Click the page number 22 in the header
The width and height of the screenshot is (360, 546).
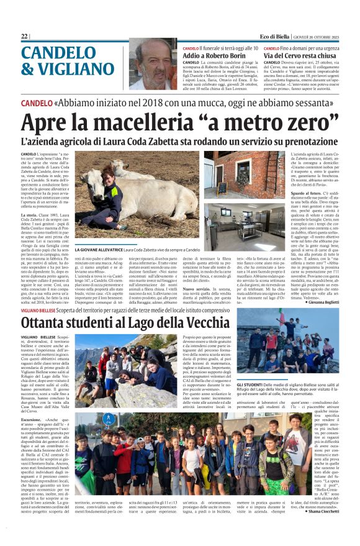pos(24,36)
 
